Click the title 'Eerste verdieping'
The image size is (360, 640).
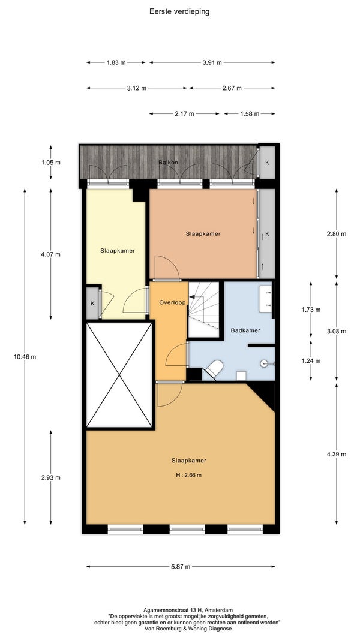(x=179, y=11)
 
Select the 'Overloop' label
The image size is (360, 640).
(x=172, y=302)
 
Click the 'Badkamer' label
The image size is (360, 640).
(x=245, y=330)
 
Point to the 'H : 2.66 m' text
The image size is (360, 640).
(x=188, y=475)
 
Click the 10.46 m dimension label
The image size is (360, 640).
(x=25, y=356)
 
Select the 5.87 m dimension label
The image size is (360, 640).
(x=180, y=567)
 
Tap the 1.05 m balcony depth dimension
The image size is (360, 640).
(x=50, y=163)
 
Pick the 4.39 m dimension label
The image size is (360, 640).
(x=337, y=454)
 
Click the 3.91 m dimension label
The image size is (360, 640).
(x=212, y=62)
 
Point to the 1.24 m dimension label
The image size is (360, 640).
(x=311, y=361)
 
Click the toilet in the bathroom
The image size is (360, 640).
(x=215, y=367)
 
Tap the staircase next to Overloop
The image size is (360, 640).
(x=203, y=310)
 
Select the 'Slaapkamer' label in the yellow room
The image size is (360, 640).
(x=118, y=251)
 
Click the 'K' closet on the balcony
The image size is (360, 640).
(x=267, y=163)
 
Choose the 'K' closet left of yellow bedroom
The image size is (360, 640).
(x=92, y=304)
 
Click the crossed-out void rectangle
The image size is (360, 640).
(x=119, y=375)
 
